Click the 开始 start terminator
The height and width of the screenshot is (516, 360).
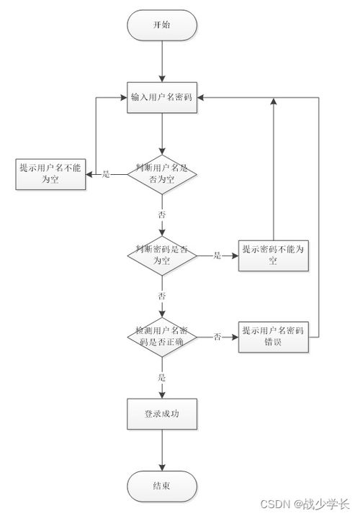(162, 25)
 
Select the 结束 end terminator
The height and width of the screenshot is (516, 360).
(162, 486)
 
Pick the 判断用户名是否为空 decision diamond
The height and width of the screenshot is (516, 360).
(162, 173)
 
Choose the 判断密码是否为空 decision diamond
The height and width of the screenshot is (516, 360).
(162, 255)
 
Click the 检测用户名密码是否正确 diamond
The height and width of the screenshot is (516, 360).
(162, 336)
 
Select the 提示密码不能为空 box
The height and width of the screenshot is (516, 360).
(274, 255)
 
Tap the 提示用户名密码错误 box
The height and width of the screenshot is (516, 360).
(274, 336)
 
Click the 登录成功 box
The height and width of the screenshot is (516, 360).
(162, 414)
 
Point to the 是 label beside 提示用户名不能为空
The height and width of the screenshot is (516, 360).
(107, 174)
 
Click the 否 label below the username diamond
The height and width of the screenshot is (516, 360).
(162, 215)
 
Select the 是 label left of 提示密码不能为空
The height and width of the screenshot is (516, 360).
(217, 255)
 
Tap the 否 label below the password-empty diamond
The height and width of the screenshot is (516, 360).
(162, 296)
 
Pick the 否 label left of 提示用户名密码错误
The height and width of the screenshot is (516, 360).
(217, 336)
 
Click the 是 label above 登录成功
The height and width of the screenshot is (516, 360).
(162, 376)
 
